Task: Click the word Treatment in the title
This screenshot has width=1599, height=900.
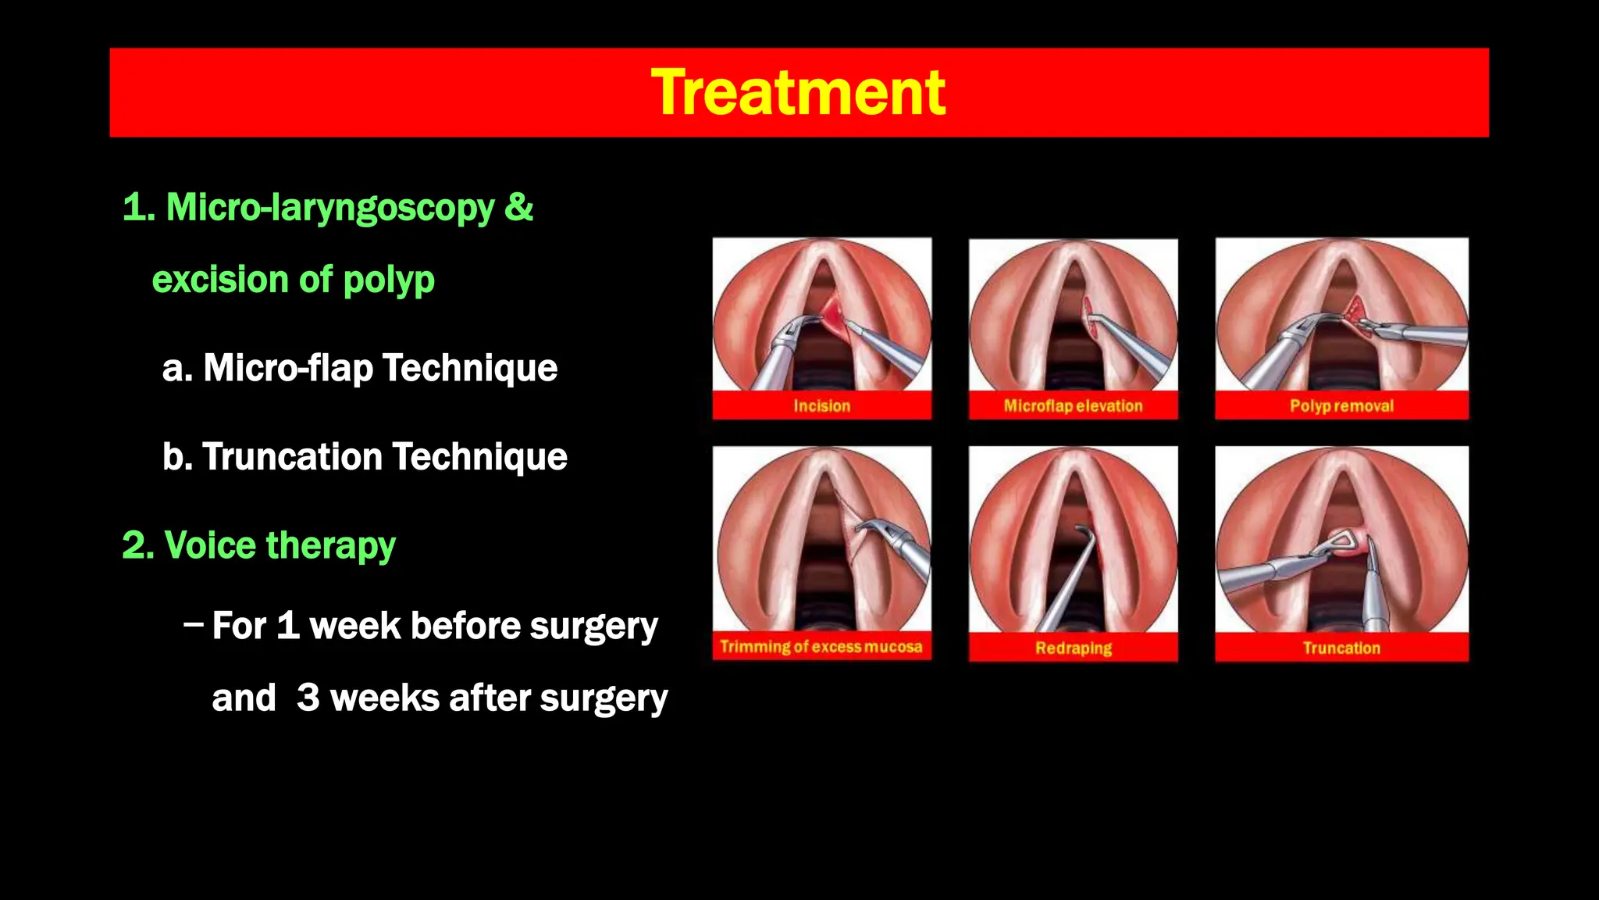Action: pyautogui.click(x=798, y=93)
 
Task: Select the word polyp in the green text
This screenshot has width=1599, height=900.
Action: pyautogui.click(x=388, y=280)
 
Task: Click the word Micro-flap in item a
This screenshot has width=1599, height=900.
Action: pyautogui.click(x=287, y=368)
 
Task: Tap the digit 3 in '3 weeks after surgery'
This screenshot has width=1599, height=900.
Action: pyautogui.click(x=308, y=698)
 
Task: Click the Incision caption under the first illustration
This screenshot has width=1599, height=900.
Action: pyautogui.click(x=821, y=406)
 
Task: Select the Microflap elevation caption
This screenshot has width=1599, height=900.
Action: pyautogui.click(x=1073, y=406)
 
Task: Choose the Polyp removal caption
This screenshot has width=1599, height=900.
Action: pyautogui.click(x=1341, y=406)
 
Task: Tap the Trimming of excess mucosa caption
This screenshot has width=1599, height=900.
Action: pyautogui.click(x=821, y=647)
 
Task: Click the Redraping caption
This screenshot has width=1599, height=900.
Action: pyautogui.click(x=1073, y=648)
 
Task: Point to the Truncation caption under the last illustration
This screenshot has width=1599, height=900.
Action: pyautogui.click(x=1341, y=648)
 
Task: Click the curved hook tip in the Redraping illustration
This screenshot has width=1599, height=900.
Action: pyautogui.click(x=1084, y=531)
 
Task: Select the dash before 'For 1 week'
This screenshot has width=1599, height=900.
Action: pyautogui.click(x=193, y=625)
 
